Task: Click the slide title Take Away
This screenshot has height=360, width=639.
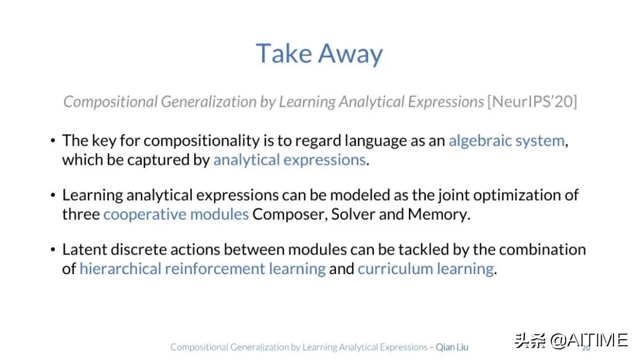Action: click(x=319, y=54)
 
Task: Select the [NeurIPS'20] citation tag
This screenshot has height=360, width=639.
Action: click(x=532, y=101)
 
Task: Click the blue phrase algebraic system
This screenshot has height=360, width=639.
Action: click(x=506, y=141)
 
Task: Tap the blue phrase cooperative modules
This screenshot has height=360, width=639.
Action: click(x=176, y=214)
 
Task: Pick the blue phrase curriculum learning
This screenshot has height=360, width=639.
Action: click(x=426, y=269)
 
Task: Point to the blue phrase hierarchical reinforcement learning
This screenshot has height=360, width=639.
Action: click(x=202, y=269)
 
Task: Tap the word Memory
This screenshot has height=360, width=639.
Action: click(x=439, y=214)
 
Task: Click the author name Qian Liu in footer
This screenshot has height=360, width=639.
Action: click(x=452, y=347)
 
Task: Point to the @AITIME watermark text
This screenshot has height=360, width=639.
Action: click(x=589, y=340)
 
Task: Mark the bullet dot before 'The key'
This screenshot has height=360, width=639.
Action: click(x=53, y=141)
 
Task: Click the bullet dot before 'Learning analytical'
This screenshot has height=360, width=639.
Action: click(x=53, y=195)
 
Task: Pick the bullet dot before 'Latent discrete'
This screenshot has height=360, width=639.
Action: click(x=53, y=249)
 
